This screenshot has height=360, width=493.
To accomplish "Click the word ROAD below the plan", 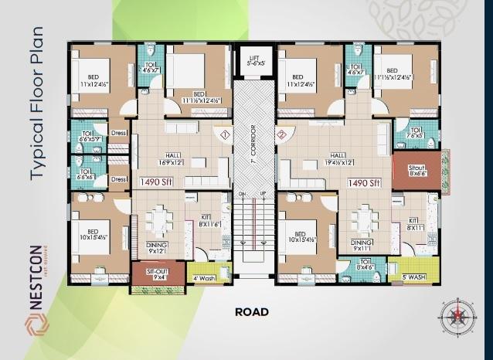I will tap(251, 312).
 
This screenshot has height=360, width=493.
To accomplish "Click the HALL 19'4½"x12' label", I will tap(345, 159).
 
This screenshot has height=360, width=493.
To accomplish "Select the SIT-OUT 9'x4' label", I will tap(159, 273).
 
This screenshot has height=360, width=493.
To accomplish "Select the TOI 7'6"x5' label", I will tap(416, 133).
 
